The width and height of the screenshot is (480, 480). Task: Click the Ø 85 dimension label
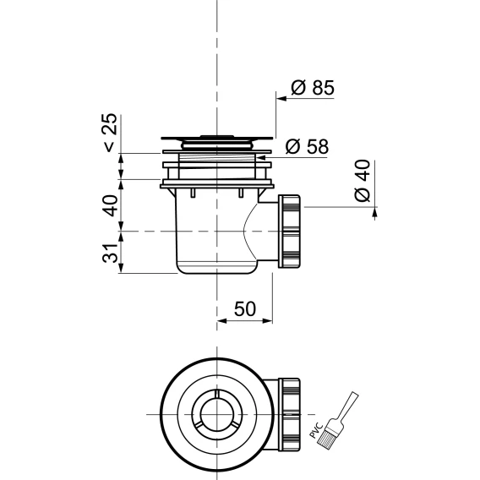(313, 88)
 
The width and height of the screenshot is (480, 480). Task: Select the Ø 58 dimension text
(307, 147)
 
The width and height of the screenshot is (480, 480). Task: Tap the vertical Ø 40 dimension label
(363, 181)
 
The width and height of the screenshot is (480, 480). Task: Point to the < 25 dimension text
(110, 133)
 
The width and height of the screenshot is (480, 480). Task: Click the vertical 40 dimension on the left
(110, 205)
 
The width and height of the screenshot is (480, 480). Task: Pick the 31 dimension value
(110, 254)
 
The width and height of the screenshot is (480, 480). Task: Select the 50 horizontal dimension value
(244, 309)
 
